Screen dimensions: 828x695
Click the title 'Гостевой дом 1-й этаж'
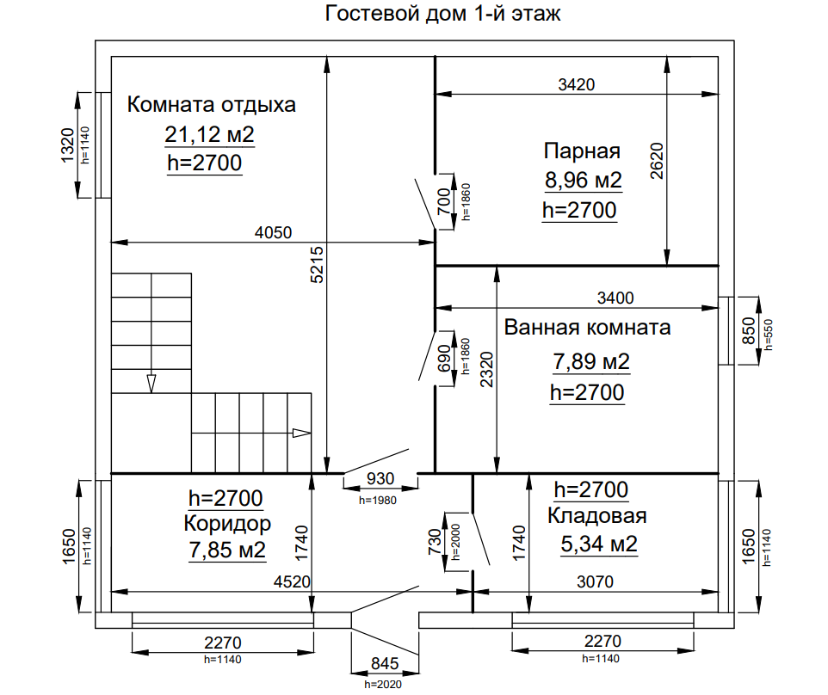[442, 13]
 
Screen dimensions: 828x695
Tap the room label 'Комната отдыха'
[211, 104]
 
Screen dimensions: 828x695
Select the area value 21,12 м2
[210, 134]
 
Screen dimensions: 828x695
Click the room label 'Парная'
[582, 151]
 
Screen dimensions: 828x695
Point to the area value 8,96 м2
[583, 181]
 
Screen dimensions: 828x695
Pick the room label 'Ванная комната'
[587, 327]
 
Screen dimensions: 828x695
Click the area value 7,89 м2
[591, 362]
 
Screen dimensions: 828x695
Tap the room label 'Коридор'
[227, 524]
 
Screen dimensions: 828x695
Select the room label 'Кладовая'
[596, 515]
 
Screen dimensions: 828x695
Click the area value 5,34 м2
[599, 544]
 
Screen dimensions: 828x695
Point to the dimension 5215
[317, 265]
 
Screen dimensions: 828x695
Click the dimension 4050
[273, 232]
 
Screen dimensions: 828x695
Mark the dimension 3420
[576, 84]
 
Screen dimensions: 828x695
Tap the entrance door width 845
[385, 663]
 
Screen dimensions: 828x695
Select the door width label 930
[380, 478]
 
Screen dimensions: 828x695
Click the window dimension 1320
[68, 145]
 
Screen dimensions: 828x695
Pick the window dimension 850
[750, 330]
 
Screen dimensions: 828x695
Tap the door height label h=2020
[383, 685]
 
